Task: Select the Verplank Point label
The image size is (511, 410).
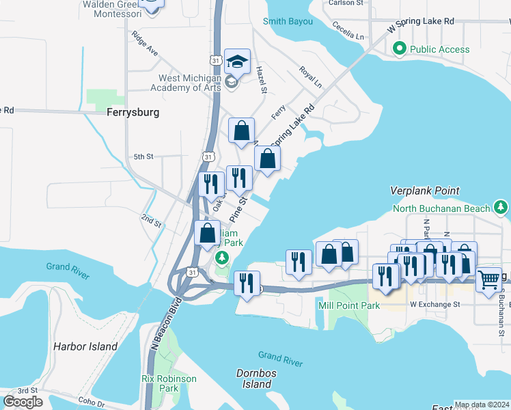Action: (x=424, y=191)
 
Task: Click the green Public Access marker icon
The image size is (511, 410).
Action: (x=398, y=49)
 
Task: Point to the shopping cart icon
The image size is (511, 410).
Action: (x=488, y=279)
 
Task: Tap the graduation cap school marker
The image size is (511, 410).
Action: (x=237, y=62)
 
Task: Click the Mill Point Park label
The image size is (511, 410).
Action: (x=348, y=305)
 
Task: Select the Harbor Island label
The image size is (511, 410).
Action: (x=85, y=346)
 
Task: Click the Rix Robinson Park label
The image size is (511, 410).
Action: (x=169, y=383)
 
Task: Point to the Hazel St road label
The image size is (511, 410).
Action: (x=260, y=79)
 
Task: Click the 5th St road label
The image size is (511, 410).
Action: (x=143, y=156)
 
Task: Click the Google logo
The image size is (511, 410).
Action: (x=23, y=402)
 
